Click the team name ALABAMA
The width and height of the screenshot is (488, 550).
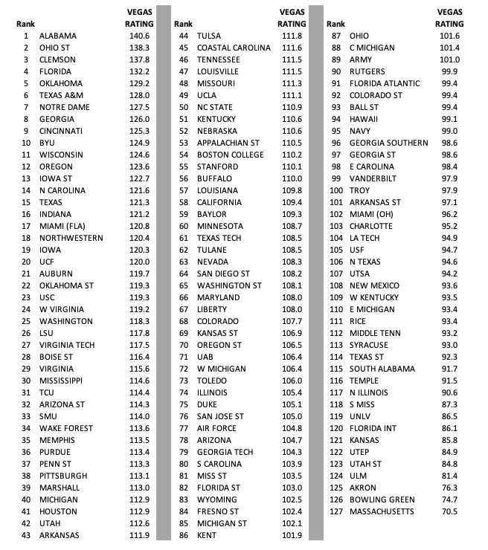[57, 36]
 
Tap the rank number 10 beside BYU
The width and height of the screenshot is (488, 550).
[26, 143]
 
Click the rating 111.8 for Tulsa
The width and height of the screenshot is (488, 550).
[292, 36]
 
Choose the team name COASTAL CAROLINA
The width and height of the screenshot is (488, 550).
[234, 48]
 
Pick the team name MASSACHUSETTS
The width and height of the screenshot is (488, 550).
[385, 511]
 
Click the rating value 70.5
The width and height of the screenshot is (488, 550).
[450, 511]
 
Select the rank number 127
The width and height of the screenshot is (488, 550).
[335, 511]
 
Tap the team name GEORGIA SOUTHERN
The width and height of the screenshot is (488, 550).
[388, 143]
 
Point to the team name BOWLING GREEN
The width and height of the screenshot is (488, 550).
[382, 499]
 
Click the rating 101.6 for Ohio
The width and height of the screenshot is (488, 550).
[449, 36]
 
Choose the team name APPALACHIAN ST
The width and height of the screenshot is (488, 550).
[228, 143]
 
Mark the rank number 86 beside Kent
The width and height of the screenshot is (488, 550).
[182, 535]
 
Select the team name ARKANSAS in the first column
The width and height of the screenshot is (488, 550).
[59, 535]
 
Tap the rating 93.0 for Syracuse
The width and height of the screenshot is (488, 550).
[450, 345]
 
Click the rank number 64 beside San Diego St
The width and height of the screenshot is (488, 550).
[182, 274]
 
